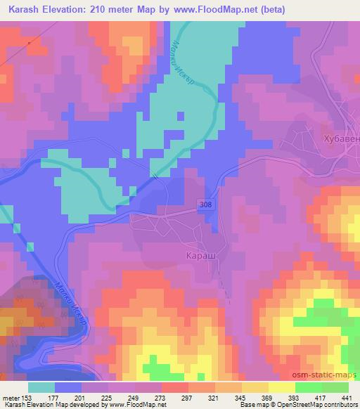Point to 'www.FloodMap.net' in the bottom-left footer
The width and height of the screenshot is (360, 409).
(136, 405)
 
